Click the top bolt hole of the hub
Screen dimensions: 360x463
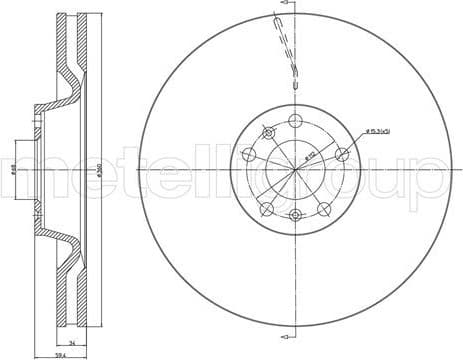295,120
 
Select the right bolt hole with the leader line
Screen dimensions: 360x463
342,153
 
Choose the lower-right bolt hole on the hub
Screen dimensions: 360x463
325,207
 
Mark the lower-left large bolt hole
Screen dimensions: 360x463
267,209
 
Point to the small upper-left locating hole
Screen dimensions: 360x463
267,132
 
